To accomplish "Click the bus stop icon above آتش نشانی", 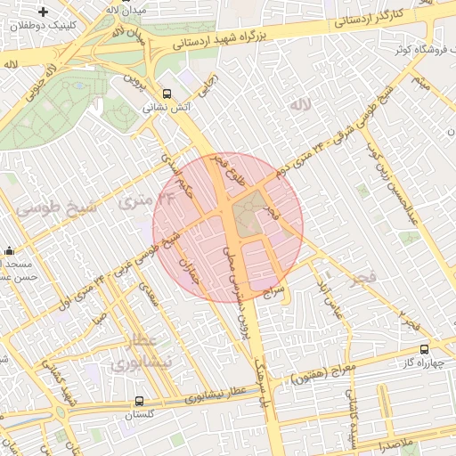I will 167,94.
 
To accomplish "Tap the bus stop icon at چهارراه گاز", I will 423,349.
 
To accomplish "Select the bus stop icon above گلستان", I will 138,402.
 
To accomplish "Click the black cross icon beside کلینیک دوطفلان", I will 43,11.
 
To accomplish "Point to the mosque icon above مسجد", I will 9,251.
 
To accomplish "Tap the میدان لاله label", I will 123,8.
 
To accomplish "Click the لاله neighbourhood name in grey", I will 301,105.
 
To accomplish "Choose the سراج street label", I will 273,291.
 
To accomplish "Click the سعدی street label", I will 149,295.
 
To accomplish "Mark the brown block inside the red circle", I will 255,215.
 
